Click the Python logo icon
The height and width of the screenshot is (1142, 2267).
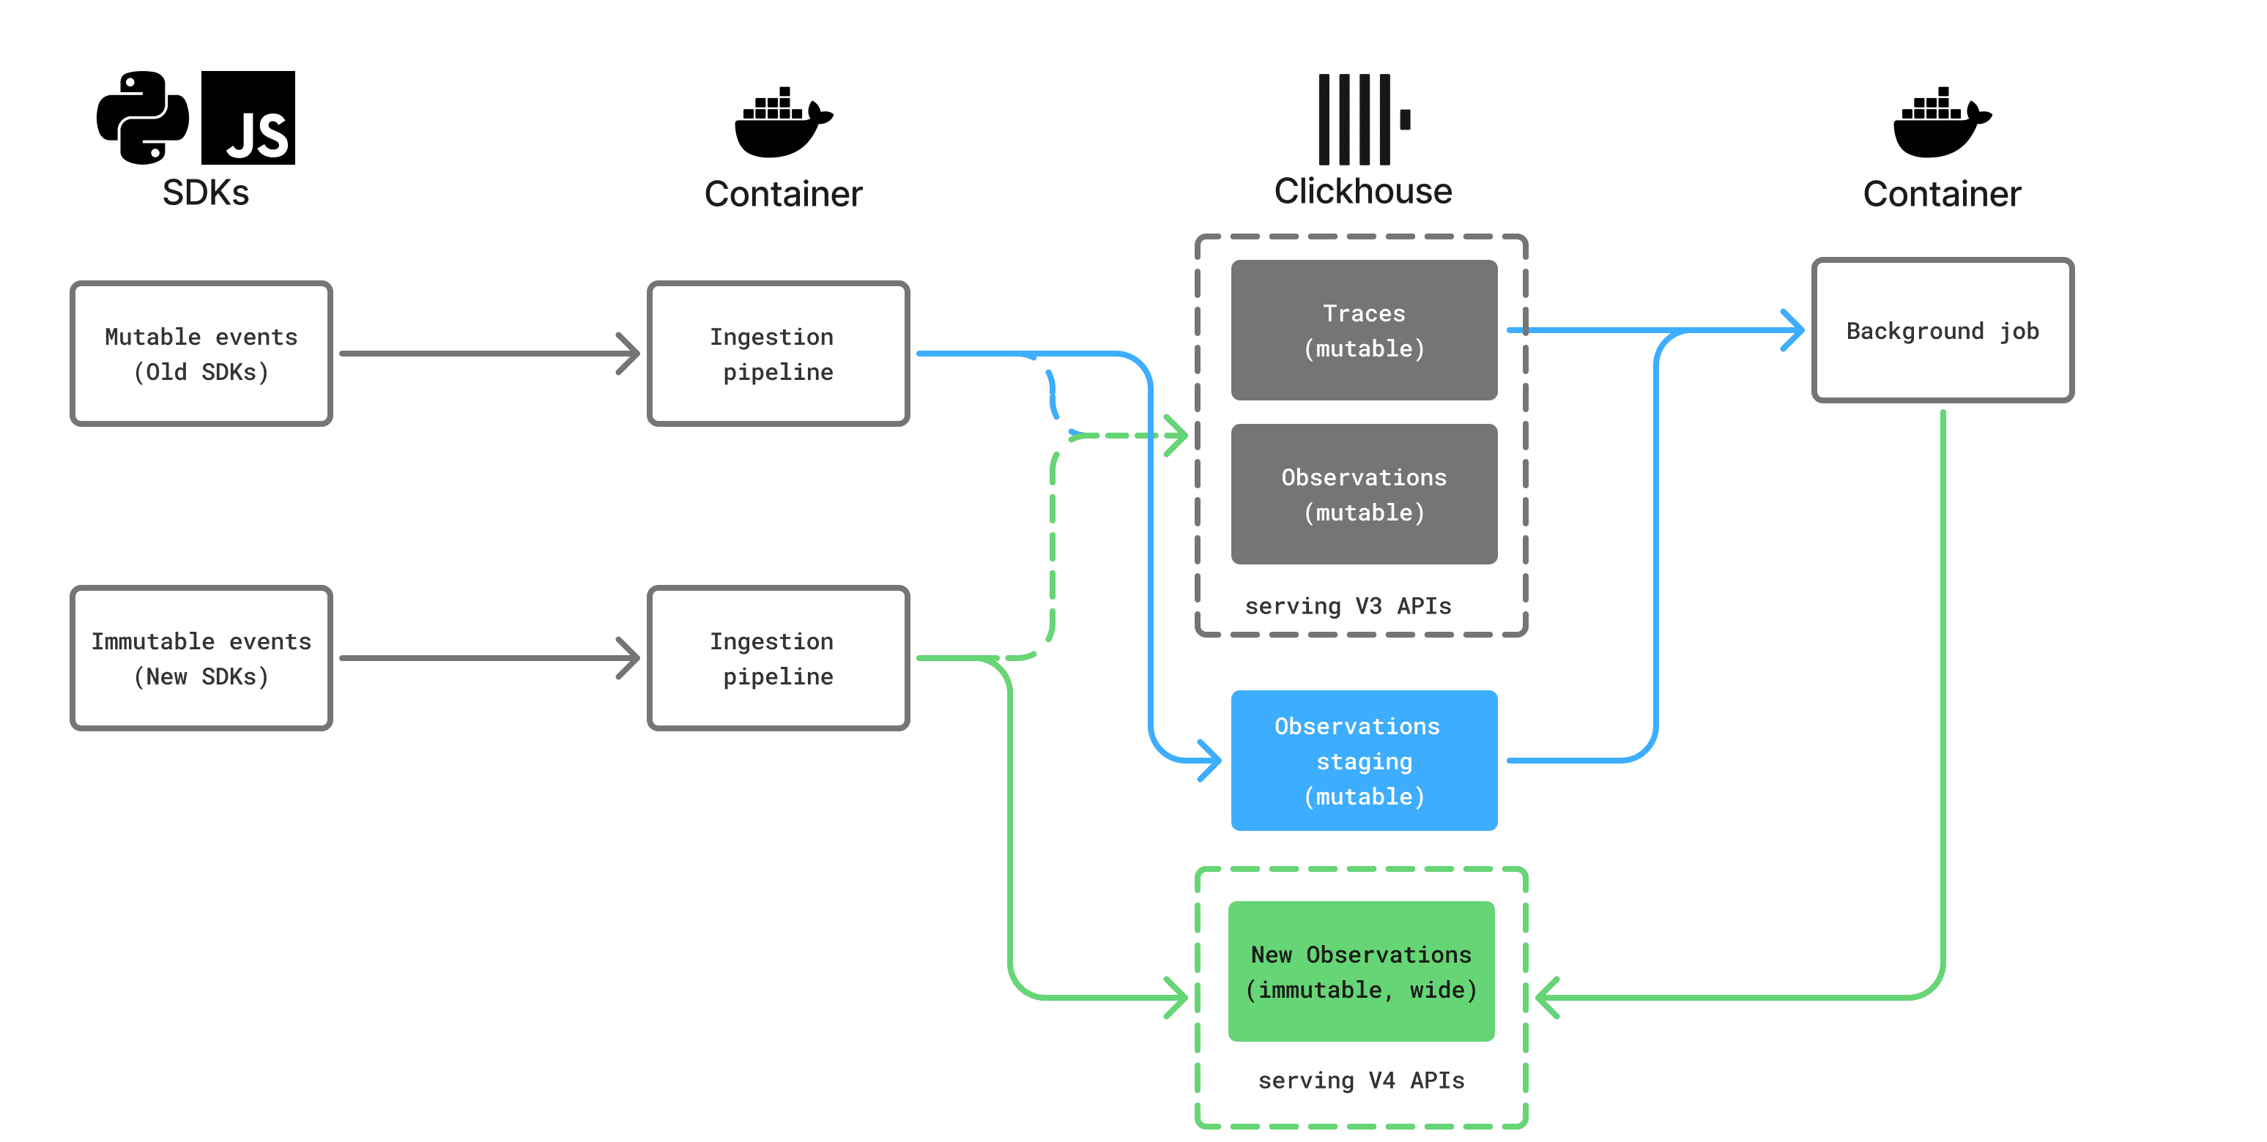click(x=143, y=118)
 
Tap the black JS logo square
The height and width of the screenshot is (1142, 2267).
click(x=248, y=118)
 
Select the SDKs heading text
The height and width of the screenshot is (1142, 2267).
click(x=205, y=193)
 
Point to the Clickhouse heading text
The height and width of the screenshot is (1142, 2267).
click(x=1362, y=191)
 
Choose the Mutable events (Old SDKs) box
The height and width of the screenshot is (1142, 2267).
click(x=201, y=354)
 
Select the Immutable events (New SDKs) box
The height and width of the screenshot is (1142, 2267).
click(x=201, y=658)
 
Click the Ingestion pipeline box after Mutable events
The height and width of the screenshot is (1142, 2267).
click(x=778, y=354)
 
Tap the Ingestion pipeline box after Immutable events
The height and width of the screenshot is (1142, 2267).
click(x=778, y=658)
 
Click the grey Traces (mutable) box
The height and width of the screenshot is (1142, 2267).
click(x=1363, y=330)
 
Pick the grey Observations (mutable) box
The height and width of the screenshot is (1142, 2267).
click(x=1363, y=493)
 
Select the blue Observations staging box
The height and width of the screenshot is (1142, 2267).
click(x=1363, y=760)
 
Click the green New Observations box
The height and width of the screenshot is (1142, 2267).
click(x=1360, y=971)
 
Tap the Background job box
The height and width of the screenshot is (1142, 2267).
click(x=1943, y=330)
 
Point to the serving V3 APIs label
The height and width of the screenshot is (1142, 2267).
click(x=1347, y=606)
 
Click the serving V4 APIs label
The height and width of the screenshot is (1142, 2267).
click(x=1360, y=1081)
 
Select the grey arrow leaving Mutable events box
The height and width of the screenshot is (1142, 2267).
click(x=489, y=354)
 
